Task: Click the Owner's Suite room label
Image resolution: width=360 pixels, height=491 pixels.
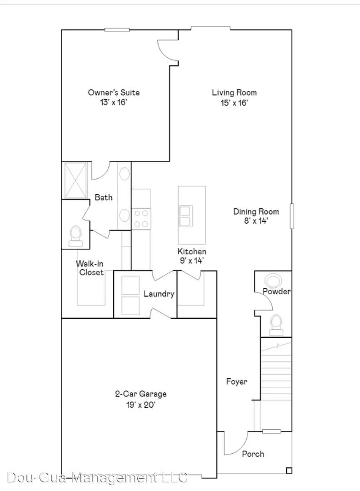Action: tap(114, 93)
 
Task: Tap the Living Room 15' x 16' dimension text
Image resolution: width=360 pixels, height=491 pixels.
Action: tap(234, 103)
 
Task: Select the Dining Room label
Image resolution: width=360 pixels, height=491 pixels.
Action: tap(256, 211)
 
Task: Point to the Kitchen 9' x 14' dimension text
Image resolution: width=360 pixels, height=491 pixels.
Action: tap(191, 261)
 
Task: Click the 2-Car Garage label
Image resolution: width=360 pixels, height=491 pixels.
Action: tap(140, 394)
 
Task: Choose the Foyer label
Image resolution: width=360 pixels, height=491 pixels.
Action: tap(237, 381)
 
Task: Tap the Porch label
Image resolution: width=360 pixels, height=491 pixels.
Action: tap(253, 454)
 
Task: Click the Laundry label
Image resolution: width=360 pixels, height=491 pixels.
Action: tap(159, 294)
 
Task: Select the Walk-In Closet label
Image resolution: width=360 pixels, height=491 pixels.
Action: tap(90, 268)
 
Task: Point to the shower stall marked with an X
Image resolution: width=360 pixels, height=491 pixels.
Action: tap(75, 180)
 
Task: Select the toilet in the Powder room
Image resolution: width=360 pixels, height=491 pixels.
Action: tap(276, 324)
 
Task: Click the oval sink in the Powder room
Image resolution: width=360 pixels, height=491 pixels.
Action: tap(273, 280)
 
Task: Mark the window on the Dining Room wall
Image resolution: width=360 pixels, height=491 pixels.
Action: tap(292, 216)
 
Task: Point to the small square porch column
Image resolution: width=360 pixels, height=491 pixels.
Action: tap(288, 470)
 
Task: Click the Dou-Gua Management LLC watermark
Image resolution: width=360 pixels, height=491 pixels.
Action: tap(98, 478)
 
